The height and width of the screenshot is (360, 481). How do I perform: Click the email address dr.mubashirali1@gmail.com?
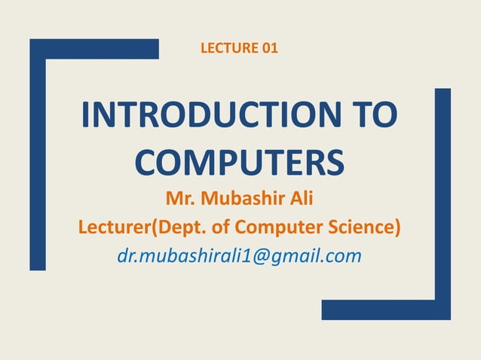tap(240, 256)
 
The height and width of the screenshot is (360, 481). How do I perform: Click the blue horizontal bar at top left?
tap(98, 48)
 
